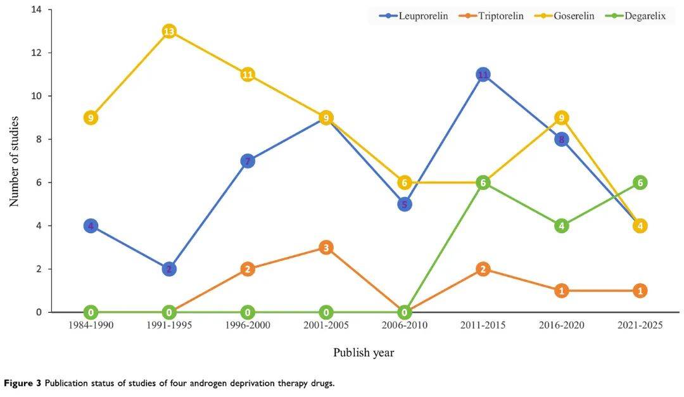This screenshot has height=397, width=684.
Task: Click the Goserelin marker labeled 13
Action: click(x=169, y=31)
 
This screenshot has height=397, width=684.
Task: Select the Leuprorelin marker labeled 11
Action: click(x=483, y=75)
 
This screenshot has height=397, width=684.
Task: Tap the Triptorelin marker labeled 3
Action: click(x=326, y=248)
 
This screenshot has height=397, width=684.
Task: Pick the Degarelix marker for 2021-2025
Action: click(x=640, y=182)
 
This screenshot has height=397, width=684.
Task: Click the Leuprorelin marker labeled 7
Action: click(x=248, y=161)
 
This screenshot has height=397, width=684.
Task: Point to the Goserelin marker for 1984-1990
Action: click(x=91, y=118)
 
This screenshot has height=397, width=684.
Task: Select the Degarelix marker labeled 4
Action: click(x=561, y=226)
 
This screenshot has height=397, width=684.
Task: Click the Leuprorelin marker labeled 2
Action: click(x=169, y=269)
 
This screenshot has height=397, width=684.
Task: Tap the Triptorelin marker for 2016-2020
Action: click(x=561, y=291)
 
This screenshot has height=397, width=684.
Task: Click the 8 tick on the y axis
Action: click(x=39, y=139)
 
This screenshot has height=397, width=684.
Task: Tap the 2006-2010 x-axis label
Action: click(x=405, y=325)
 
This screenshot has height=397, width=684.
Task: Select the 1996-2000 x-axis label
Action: click(x=248, y=325)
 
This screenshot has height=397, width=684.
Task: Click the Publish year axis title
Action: click(x=364, y=353)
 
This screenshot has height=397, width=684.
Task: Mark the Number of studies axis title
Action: click(x=14, y=161)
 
